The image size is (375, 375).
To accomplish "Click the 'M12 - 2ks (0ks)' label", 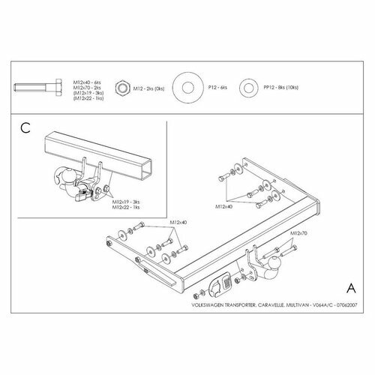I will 149,88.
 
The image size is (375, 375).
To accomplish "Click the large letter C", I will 24,129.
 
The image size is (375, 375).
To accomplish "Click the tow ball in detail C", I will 62,176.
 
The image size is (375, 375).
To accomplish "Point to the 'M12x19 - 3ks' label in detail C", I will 127,202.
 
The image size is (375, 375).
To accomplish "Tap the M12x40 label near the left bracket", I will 178,222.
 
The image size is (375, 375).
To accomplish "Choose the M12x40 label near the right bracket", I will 225,205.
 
